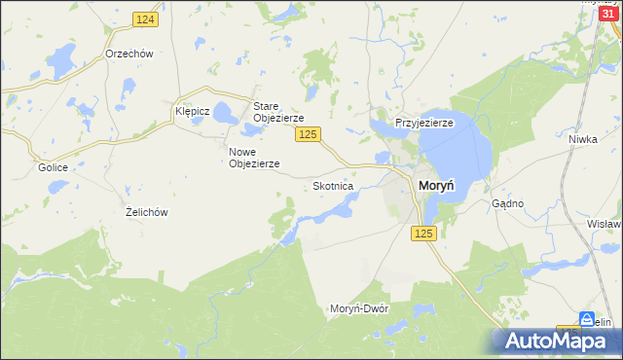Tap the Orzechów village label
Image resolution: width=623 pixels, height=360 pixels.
coord(129,54)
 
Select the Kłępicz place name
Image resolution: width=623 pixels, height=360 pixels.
coord(193,112)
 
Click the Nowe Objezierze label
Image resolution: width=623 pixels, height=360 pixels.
coord(254,158)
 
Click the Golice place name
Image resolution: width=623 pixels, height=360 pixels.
coord(53,167)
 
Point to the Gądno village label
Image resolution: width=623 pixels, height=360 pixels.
coord(508,203)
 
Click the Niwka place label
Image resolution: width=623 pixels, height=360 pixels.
coord(582,139)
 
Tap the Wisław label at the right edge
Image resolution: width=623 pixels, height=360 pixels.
coord(605,224)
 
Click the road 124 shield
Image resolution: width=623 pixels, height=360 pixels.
coord(146,19)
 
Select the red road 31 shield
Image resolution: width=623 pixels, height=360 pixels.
coord(607,12)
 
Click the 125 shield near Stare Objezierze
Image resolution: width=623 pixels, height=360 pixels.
coord(309,134)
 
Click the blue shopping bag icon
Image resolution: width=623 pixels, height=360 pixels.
coord(587,319)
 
